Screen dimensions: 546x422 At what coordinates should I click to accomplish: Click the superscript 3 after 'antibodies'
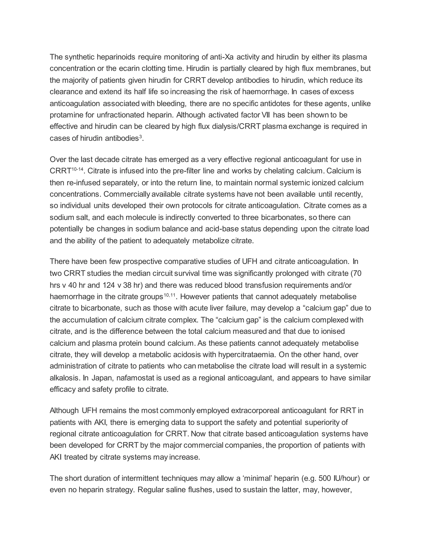(141, 136)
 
